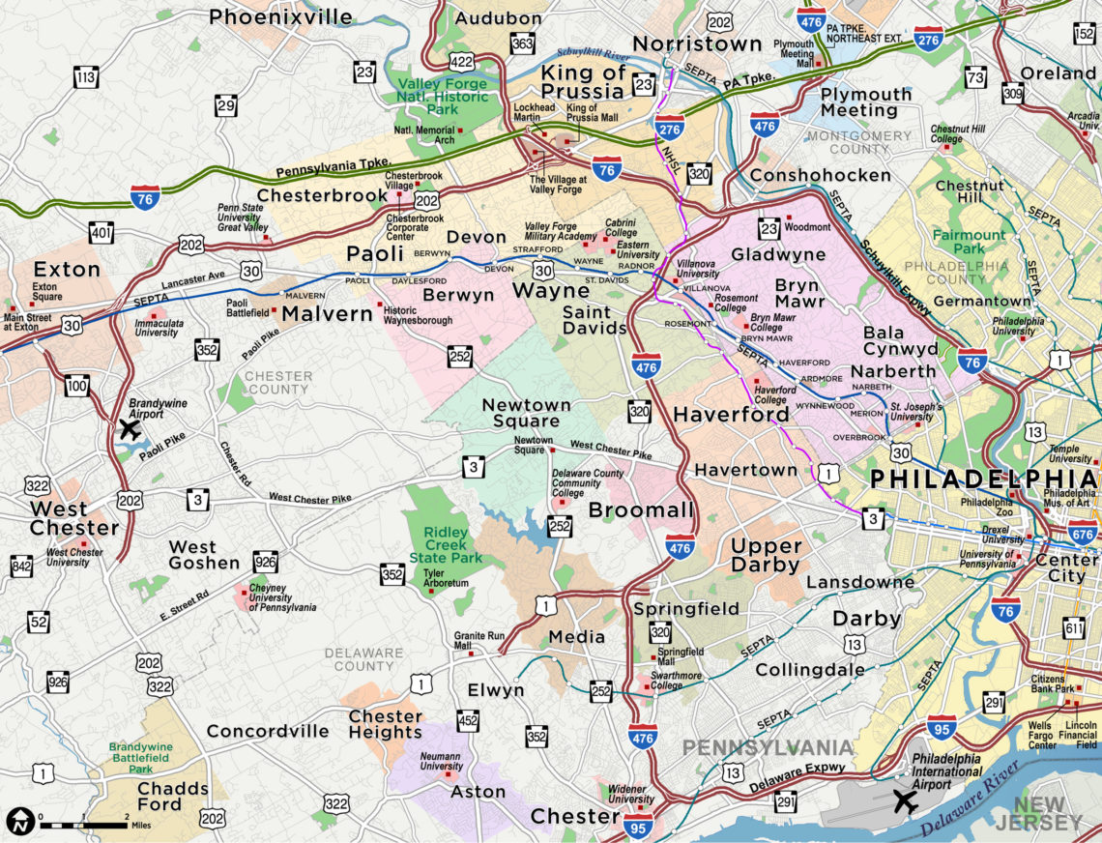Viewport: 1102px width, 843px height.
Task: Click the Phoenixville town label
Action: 281,16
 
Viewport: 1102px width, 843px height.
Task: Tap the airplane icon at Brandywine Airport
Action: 129,428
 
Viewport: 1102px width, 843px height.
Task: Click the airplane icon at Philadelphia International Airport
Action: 905,800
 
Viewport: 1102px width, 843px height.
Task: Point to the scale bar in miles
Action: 83,824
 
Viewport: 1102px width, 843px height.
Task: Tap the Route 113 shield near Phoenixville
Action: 88,75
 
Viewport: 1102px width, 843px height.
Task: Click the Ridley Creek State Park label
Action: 446,545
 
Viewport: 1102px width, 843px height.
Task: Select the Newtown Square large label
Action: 521,413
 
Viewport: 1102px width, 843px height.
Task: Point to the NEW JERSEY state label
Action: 1049,813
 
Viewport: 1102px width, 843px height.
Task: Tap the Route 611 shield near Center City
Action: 1074,630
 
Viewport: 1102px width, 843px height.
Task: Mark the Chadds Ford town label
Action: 173,797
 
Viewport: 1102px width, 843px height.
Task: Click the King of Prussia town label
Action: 583,82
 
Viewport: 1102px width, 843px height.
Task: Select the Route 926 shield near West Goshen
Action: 265,561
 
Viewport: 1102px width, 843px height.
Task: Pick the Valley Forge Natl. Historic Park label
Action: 441,98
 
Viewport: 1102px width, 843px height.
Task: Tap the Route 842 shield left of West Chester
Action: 20,565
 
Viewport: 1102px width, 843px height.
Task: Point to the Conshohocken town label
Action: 820,175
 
